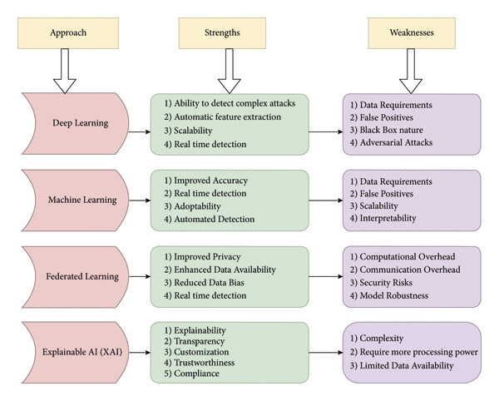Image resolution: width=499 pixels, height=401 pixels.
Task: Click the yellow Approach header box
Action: (68, 33)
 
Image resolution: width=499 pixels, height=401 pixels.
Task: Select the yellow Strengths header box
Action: (222, 33)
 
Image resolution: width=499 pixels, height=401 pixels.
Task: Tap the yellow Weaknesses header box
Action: (412, 33)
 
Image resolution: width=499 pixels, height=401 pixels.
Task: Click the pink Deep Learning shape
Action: (76, 123)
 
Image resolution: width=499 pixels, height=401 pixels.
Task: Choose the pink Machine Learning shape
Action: (76, 200)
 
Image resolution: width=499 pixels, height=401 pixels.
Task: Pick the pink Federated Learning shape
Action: (76, 277)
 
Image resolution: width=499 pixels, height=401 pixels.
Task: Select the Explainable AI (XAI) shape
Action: (76, 352)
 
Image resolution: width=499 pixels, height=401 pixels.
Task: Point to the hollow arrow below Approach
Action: (65, 71)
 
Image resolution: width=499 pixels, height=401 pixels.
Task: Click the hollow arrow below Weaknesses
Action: (411, 71)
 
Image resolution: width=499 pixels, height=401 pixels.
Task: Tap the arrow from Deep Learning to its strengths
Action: (140, 131)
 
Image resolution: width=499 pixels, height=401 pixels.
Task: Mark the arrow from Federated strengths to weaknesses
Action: (326, 276)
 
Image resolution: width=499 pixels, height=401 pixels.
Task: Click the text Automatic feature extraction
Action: (228, 116)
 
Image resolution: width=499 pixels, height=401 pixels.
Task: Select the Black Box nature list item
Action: (392, 130)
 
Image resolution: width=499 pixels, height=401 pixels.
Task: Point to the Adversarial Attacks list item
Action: (396, 142)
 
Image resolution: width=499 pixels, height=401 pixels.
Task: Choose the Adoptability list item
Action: (197, 206)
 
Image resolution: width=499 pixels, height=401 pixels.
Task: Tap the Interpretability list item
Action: (388, 218)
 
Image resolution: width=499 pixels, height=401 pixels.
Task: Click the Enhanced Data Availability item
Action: (225, 270)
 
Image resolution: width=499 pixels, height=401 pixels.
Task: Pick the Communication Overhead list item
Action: (410, 270)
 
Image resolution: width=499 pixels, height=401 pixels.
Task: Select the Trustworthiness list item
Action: (205, 363)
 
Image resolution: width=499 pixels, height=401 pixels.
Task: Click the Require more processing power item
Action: (419, 352)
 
